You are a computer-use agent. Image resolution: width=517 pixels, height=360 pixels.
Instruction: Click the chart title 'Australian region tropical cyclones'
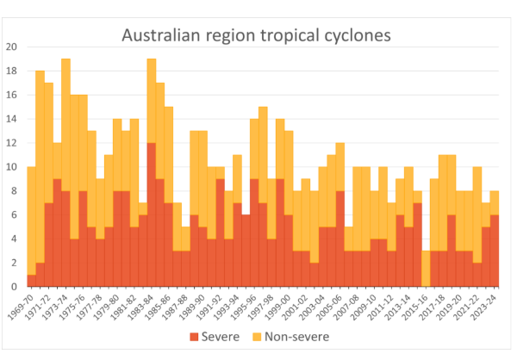[256, 35]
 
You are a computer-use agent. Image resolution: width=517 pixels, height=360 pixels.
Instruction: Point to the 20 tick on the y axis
[11, 47]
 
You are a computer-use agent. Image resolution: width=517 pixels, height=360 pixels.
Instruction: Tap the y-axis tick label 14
[11, 119]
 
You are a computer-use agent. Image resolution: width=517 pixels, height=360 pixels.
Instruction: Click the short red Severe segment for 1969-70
[32, 281]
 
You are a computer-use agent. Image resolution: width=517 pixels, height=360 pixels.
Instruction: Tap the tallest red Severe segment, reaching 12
[151, 214]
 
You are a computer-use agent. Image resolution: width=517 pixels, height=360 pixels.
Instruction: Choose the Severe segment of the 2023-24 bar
[494, 251]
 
